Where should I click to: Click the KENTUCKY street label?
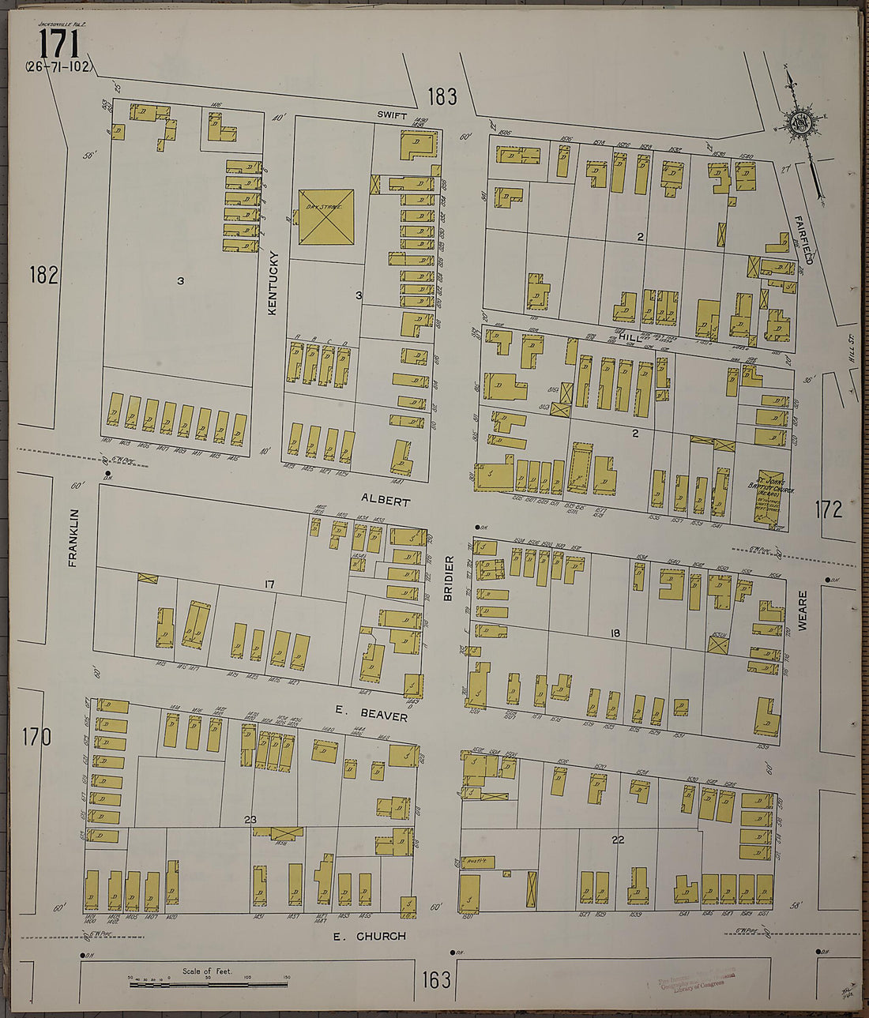click(273, 284)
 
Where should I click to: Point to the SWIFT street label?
click(391, 115)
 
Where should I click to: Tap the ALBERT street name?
click(386, 501)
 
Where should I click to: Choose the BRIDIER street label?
click(448, 578)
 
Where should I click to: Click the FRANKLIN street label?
click(73, 537)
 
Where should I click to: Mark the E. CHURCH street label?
click(369, 936)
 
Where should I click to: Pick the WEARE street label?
click(803, 610)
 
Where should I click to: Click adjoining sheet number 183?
click(442, 96)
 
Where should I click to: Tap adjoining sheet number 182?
click(43, 275)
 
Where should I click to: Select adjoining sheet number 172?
click(829, 509)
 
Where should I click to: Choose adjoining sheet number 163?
click(435, 980)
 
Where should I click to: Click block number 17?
click(269, 584)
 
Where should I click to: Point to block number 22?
click(617, 840)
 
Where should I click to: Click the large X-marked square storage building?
click(325, 216)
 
